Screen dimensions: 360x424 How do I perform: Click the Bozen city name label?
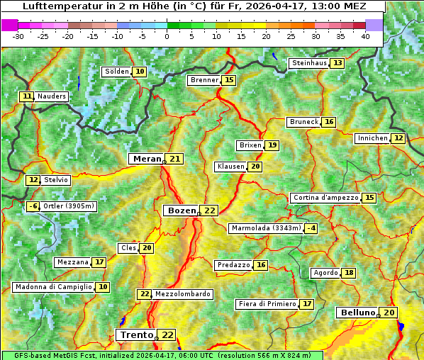point(181,210)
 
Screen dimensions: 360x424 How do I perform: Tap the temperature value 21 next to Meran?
point(174,159)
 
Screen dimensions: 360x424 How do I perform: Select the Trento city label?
point(136,334)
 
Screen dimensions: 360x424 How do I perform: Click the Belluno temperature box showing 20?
point(389,313)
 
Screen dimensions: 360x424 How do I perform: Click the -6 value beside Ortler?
point(33,206)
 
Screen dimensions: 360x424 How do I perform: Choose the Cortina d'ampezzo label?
point(325,198)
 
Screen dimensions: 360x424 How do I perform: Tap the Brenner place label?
point(204,80)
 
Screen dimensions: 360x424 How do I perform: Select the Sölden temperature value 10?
point(140,72)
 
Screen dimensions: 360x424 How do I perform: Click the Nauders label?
point(52,96)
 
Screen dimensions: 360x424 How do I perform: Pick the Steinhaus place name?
point(309,63)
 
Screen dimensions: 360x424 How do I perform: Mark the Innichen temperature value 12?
point(398,138)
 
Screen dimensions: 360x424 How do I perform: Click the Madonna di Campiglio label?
point(53,287)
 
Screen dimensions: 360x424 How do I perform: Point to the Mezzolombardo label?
point(182,294)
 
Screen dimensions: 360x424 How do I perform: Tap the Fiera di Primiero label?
point(267,304)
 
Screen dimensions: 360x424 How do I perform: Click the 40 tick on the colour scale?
point(365,36)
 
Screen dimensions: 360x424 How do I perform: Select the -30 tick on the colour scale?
point(18,36)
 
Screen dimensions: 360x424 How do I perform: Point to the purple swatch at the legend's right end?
point(374,24)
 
